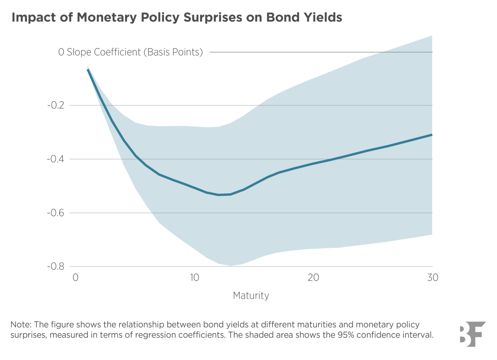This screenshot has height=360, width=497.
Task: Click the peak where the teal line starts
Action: coord(88,70)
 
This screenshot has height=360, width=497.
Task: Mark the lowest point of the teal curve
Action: coord(219,194)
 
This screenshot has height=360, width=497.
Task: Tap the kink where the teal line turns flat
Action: coord(432,135)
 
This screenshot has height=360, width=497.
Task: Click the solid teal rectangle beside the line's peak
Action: coord(44,85)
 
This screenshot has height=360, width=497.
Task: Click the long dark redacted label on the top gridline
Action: coord(101,53)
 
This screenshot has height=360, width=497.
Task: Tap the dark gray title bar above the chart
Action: coord(248,18)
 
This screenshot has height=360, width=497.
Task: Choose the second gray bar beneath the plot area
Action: coord(248,296)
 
